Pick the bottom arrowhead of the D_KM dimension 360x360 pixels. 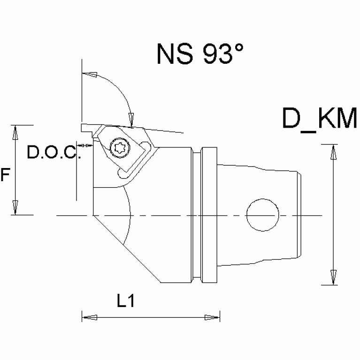pos(333,277)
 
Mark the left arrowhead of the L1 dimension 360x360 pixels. pos(89,318)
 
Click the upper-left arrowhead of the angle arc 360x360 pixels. pos(90,74)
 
